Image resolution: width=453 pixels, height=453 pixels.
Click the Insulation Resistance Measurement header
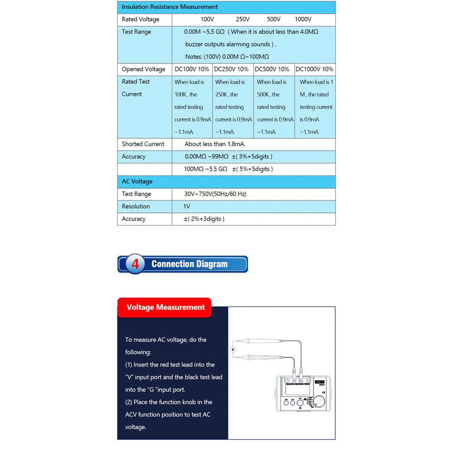(x=169, y=7)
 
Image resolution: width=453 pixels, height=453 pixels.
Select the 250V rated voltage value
(x=243, y=19)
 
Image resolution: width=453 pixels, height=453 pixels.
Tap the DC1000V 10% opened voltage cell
(x=314, y=69)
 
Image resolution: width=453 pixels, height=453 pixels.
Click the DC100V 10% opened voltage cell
(x=192, y=69)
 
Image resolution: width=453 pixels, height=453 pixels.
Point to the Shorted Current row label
(x=143, y=144)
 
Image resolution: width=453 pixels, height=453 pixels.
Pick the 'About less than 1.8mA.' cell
(x=215, y=144)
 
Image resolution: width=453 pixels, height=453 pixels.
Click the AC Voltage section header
(x=137, y=182)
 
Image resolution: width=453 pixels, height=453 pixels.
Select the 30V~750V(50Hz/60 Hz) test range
(x=215, y=194)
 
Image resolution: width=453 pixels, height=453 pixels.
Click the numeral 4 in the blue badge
(x=135, y=264)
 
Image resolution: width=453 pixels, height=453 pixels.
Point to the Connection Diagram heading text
(x=189, y=264)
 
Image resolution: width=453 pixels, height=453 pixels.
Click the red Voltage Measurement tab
(x=165, y=308)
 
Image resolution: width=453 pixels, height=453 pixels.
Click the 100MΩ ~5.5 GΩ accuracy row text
(x=228, y=169)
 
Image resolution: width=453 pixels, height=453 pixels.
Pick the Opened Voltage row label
(x=143, y=69)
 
